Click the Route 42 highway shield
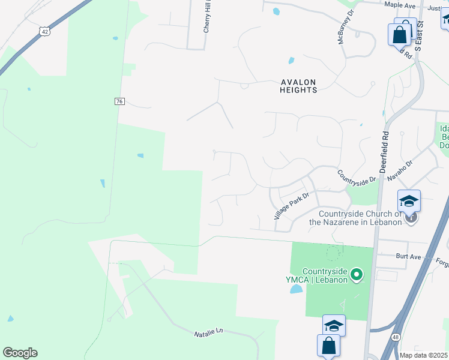[45, 31]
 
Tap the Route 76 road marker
[119, 101]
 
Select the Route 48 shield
[396, 338]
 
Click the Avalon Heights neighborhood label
[298, 86]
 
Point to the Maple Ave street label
[400, 5]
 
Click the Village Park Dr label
[291, 205]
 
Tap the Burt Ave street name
[408, 257]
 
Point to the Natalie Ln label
[208, 332]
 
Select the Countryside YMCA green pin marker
[357, 276]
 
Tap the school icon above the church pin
[409, 201]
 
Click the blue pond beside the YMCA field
[297, 290]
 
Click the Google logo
[20, 353]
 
